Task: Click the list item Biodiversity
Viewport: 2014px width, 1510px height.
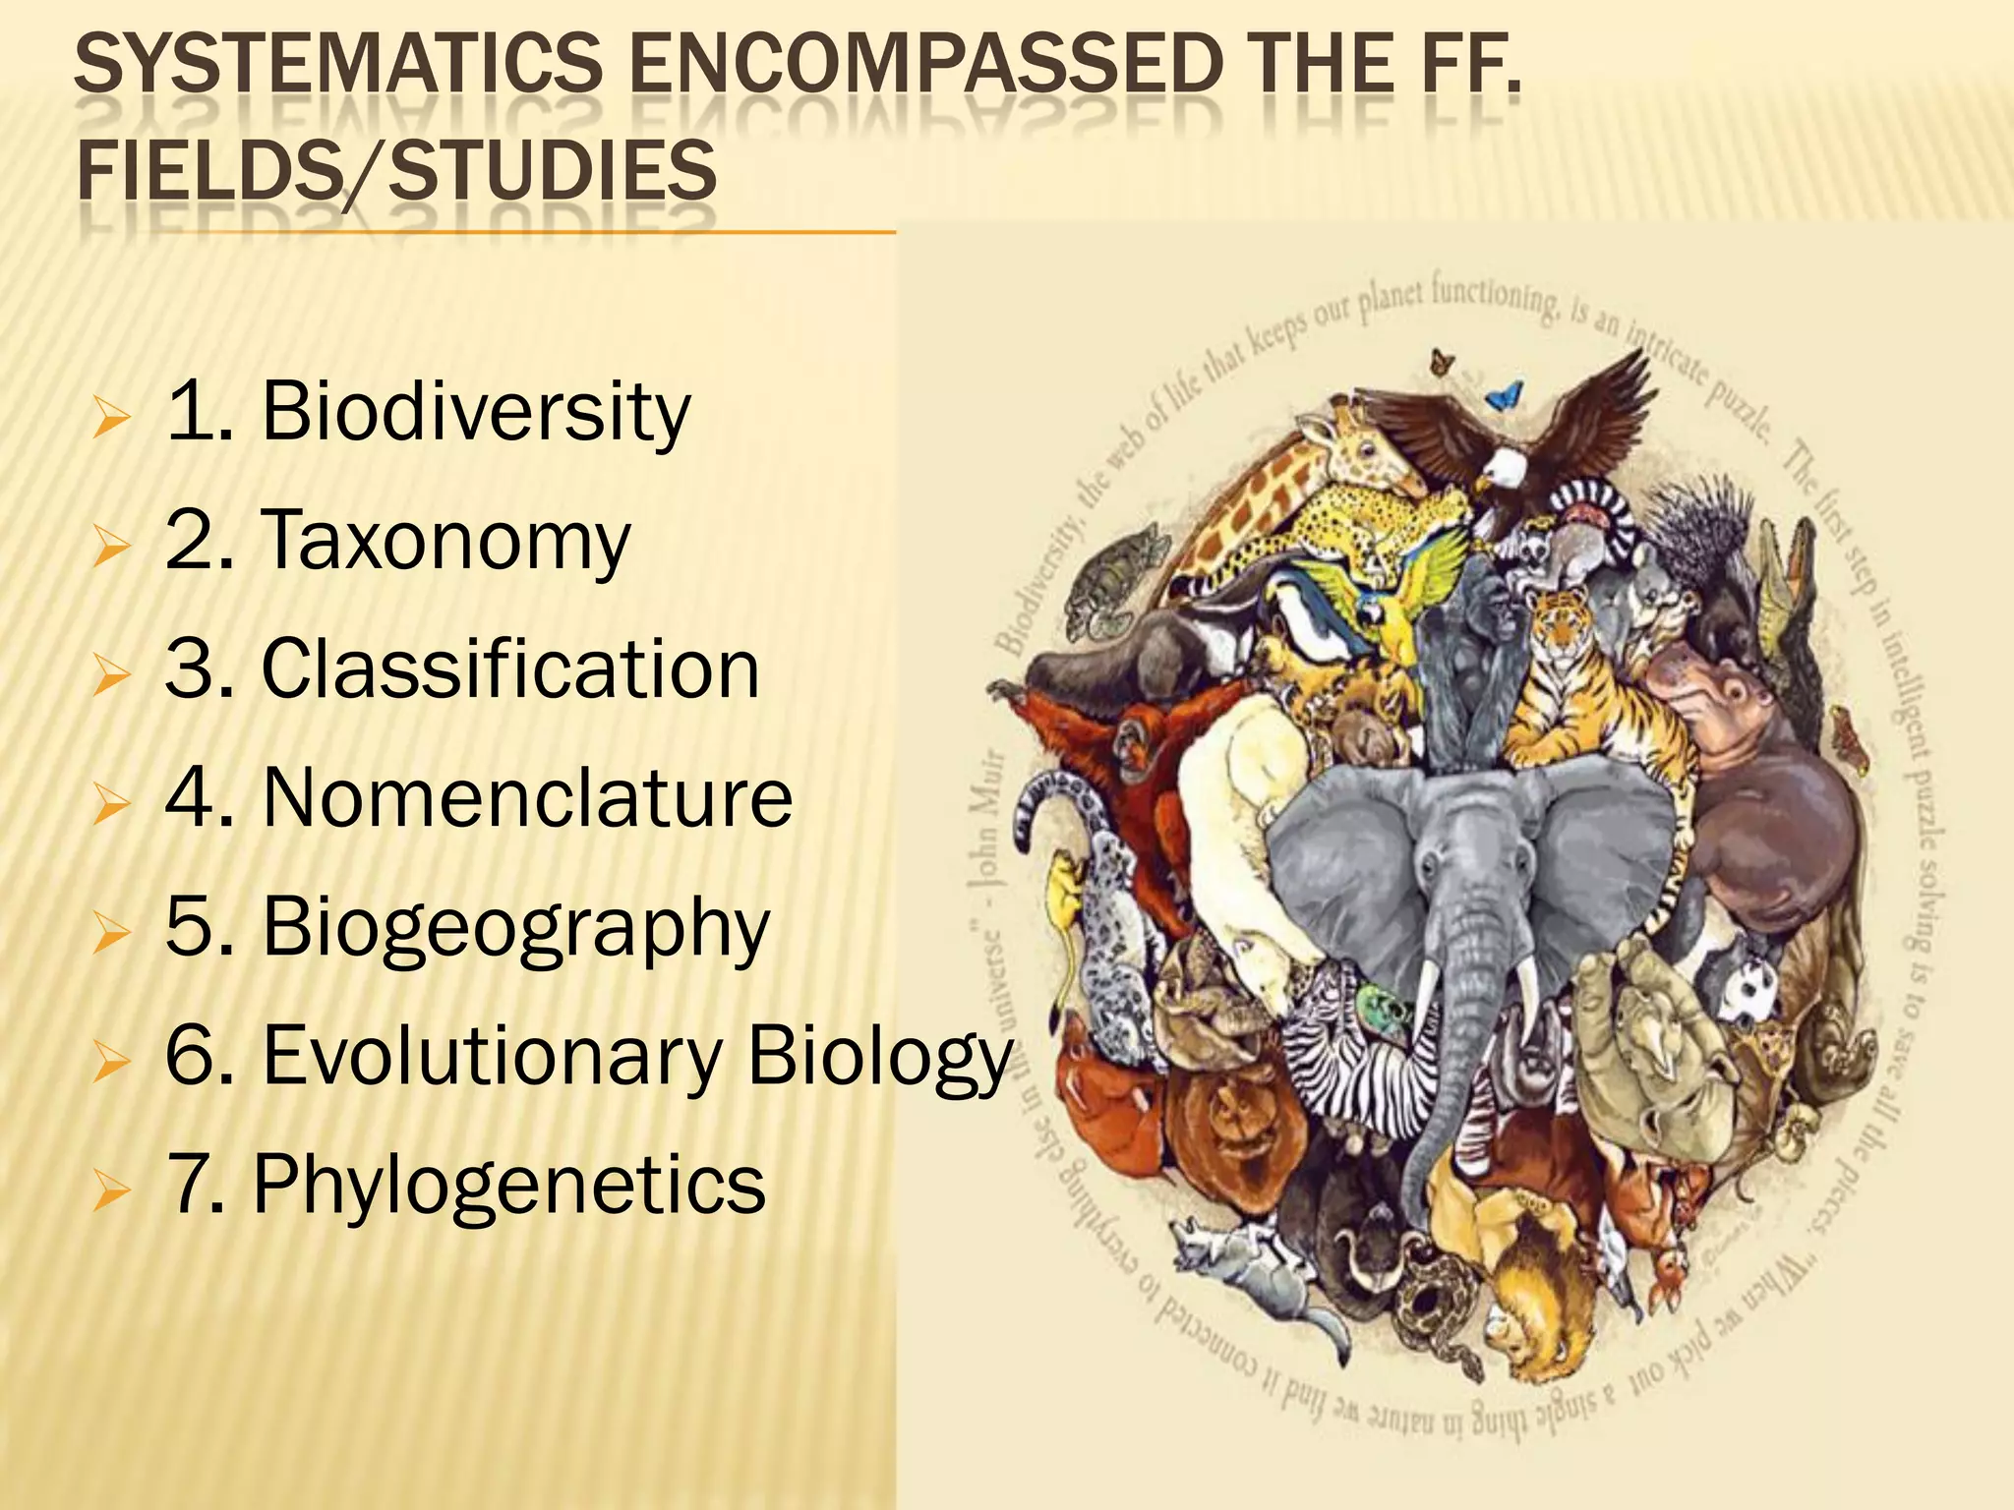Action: coord(476,411)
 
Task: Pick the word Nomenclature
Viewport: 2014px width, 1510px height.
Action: coord(527,797)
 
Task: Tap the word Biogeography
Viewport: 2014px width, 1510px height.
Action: coord(515,927)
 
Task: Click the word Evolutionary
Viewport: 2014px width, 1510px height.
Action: coord(492,1055)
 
